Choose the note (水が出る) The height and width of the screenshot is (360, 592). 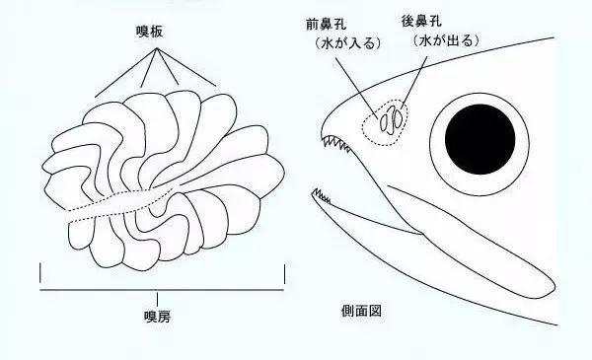point(434,44)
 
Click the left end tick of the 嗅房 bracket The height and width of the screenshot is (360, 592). point(40,273)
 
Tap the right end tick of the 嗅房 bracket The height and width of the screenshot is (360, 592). point(283,273)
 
